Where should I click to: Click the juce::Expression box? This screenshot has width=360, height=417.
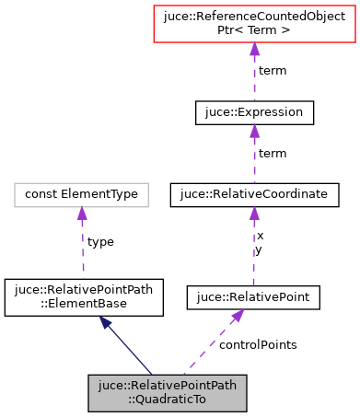click(255, 113)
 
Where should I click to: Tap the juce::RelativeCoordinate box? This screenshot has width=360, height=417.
click(255, 194)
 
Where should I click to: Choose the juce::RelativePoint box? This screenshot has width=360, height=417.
click(253, 296)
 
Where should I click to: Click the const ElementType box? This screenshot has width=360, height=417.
click(82, 194)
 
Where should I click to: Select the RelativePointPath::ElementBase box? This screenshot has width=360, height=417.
click(84, 296)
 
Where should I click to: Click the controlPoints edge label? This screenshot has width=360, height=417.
click(258, 344)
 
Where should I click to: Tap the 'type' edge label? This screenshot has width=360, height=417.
click(99, 241)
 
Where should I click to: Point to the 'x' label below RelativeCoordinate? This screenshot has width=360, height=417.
click(260, 237)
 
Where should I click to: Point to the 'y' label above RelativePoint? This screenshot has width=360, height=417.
click(260, 249)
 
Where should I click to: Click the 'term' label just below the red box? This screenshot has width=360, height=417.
click(272, 70)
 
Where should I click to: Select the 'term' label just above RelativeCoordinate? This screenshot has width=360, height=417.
click(272, 153)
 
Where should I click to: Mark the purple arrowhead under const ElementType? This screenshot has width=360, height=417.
click(82, 214)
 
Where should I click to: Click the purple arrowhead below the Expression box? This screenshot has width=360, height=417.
click(255, 133)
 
